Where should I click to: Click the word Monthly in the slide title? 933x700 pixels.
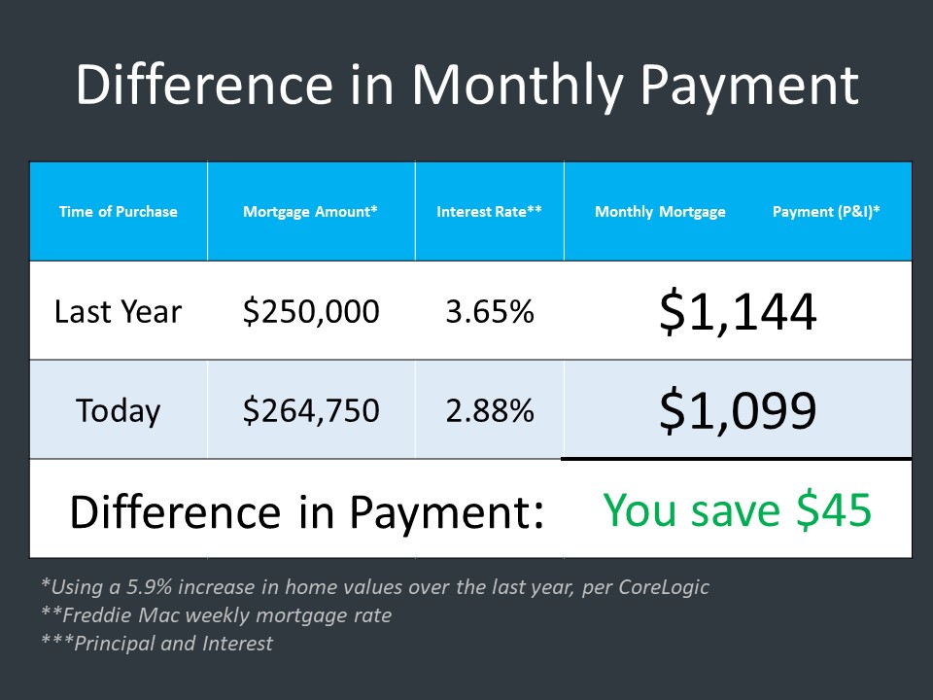(x=517, y=87)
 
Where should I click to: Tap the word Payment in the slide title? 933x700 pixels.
(x=749, y=87)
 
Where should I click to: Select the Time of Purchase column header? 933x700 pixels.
(x=118, y=211)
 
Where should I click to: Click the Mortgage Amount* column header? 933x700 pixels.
(x=310, y=212)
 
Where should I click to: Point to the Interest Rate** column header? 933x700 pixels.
(x=489, y=211)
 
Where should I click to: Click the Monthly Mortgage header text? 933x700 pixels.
(x=660, y=212)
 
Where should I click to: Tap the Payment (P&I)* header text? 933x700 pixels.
(x=826, y=212)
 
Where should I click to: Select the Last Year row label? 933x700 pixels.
(x=118, y=311)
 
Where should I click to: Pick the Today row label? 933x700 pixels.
(x=118, y=411)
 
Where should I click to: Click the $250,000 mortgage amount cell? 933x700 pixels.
(x=311, y=311)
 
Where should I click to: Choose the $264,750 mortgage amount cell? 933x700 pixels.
(x=311, y=410)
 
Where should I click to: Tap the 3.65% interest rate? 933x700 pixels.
(x=490, y=311)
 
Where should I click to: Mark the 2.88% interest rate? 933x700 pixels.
(x=490, y=410)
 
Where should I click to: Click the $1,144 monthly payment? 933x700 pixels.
(x=738, y=311)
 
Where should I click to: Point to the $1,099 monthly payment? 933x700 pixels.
(x=738, y=410)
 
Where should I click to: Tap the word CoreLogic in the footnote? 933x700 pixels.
(x=664, y=587)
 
